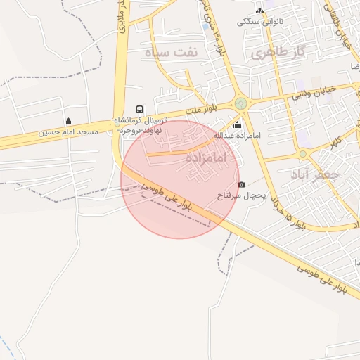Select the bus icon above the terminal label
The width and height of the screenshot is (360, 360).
coord(140,109)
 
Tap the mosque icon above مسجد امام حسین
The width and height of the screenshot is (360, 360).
coord(68,121)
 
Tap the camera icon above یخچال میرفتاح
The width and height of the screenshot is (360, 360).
coord(242,184)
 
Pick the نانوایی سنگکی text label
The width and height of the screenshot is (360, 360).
coord(260,21)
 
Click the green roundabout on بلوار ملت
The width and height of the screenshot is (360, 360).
coord(241,103)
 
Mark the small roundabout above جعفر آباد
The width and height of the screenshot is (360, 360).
coord(303,154)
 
